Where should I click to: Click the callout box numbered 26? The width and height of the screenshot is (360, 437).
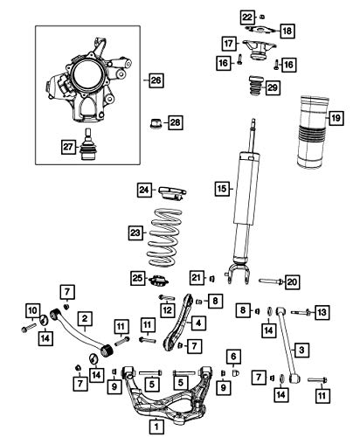156,80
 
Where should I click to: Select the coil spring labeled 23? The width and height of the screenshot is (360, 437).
164,238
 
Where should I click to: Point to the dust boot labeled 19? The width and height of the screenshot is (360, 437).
313,132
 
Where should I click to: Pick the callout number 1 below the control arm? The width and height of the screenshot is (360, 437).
156,427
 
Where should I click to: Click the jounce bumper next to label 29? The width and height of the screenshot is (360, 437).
255,86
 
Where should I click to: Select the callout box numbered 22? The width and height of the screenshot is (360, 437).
247,17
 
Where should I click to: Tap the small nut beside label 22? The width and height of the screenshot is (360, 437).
262,17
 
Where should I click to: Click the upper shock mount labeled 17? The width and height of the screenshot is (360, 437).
259,50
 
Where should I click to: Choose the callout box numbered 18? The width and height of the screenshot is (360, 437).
287,31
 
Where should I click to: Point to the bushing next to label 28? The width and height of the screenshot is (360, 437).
157,123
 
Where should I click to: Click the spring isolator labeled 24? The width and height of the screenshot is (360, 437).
172,193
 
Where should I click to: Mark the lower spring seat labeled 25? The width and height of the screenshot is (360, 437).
159,280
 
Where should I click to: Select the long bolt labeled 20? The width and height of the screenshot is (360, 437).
270,281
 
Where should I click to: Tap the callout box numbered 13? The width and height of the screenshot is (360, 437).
322,312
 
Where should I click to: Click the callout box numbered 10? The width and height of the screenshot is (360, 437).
33,310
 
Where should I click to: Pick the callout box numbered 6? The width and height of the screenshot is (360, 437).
233,356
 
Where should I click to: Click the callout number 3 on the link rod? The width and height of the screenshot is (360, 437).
301,349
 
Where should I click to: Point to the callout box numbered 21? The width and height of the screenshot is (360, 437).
197,277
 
